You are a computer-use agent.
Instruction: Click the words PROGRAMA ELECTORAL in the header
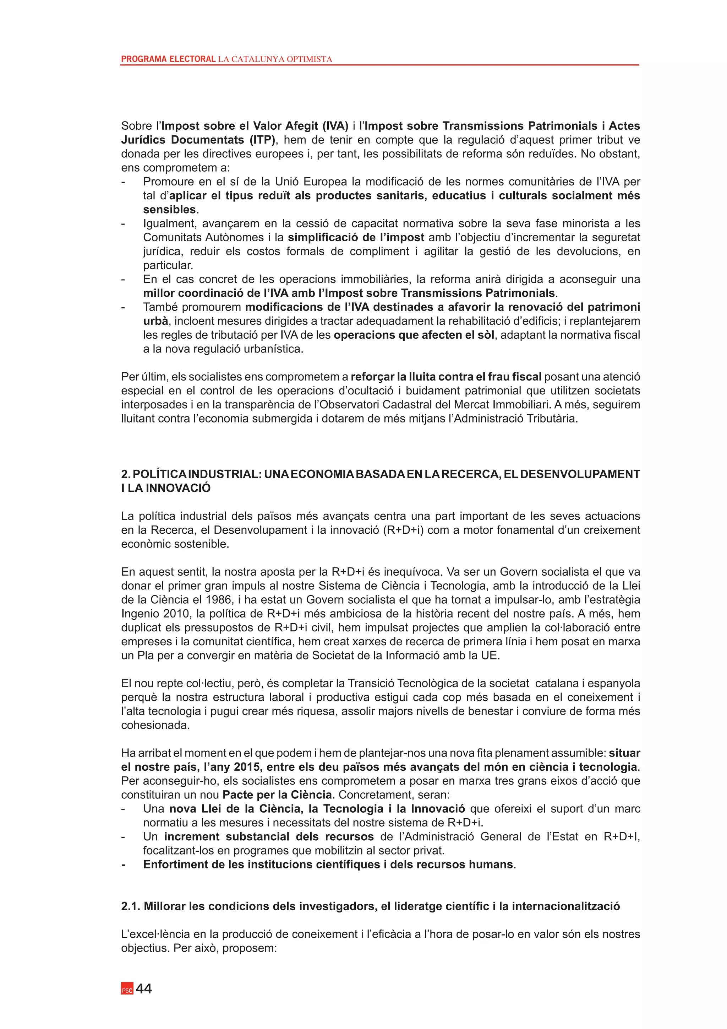[168, 59]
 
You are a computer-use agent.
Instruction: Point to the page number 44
[144, 988]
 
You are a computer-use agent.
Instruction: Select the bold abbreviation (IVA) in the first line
[335, 126]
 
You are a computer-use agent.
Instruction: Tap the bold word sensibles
[170, 210]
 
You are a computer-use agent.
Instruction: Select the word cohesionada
[155, 725]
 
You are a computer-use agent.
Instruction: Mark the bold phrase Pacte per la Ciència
[277, 794]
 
